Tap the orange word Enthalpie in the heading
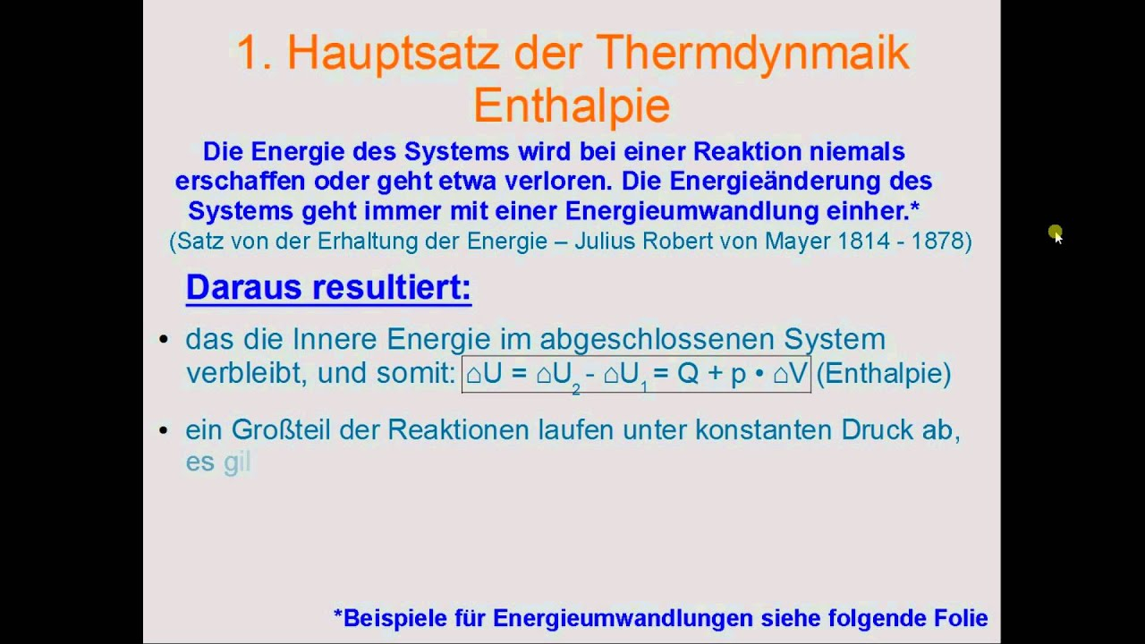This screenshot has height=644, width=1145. (x=572, y=106)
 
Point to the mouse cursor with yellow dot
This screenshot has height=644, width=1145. (x=1056, y=234)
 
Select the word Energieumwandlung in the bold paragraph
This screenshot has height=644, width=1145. (x=692, y=210)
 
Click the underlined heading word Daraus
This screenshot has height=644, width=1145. (x=244, y=287)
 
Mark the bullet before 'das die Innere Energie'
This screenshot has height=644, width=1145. (x=164, y=338)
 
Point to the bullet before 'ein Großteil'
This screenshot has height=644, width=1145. (x=164, y=430)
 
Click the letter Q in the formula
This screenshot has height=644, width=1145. (x=688, y=374)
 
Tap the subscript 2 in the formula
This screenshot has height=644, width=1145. (x=576, y=389)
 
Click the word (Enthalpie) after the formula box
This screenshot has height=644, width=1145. (x=884, y=374)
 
